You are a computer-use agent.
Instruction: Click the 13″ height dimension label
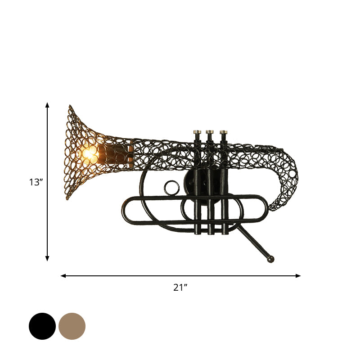(36, 182)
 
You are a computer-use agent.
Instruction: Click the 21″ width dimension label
(180, 287)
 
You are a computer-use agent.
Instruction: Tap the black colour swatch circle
(42, 326)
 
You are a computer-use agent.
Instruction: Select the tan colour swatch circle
(72, 326)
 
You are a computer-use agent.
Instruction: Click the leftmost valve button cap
(197, 132)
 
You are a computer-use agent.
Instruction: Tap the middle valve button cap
(210, 132)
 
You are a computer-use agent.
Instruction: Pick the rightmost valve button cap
(224, 132)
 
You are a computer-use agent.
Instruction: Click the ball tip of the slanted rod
(270, 260)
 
